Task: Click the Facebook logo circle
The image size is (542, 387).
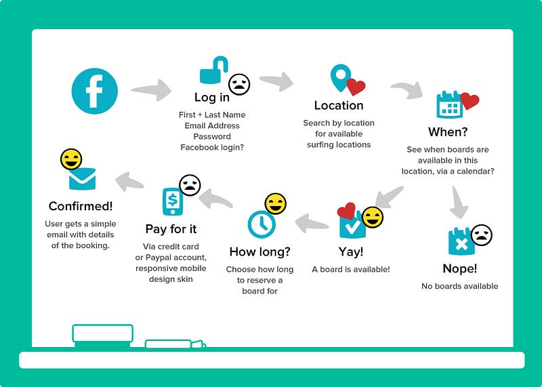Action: tap(94, 91)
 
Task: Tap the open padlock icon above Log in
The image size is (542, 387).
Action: tap(213, 70)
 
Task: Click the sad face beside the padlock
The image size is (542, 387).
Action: tap(239, 84)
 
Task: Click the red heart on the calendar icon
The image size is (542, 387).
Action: tap(470, 101)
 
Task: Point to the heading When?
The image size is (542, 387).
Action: tap(448, 131)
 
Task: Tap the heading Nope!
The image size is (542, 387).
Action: tap(460, 268)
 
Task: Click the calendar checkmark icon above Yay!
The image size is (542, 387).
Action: tap(352, 225)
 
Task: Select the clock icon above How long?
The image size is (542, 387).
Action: tap(262, 225)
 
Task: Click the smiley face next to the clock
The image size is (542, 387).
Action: tap(276, 204)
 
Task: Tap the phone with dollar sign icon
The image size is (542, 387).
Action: tap(173, 201)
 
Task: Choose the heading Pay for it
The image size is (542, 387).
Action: tap(171, 229)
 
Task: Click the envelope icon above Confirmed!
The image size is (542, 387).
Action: tap(82, 178)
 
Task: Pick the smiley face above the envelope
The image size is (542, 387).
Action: tap(71, 159)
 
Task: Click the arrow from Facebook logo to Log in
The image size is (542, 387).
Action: tap(151, 90)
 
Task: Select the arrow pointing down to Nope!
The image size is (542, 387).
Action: tap(459, 203)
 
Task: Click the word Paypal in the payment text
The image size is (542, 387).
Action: tap(159, 258)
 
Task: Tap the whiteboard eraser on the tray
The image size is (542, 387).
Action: tap(103, 335)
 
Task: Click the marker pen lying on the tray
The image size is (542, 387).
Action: tap(175, 344)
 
